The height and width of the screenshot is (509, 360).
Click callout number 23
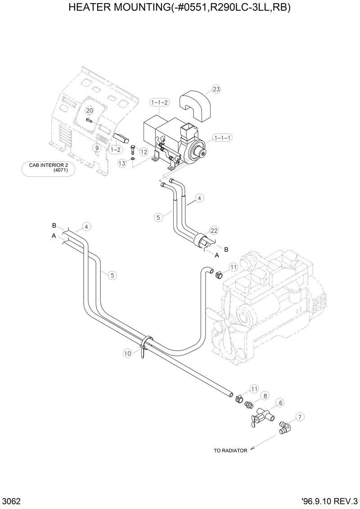[x=216, y=89]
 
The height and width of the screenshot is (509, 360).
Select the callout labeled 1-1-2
[x=160, y=103]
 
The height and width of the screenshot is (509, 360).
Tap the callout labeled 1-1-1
[x=222, y=138]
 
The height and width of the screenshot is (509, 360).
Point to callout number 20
[x=89, y=111]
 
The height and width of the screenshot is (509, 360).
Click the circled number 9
[x=96, y=147]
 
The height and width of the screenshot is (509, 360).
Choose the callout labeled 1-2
[x=116, y=149]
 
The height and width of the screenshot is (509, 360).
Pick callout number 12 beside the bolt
[x=144, y=152]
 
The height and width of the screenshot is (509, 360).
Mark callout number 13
[x=122, y=164]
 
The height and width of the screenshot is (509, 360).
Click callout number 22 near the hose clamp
[x=214, y=230]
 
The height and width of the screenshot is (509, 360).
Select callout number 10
[x=127, y=353]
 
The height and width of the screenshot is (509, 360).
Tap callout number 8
[x=265, y=396]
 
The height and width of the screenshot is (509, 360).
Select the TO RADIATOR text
[x=230, y=451]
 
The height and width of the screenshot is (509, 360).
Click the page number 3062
[x=10, y=501]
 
